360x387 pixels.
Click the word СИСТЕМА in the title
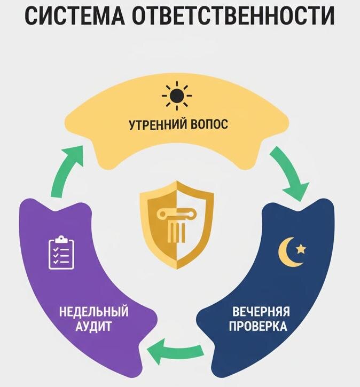(x=77, y=16)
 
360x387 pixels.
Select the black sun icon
(x=177, y=97)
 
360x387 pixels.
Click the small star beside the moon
(x=301, y=248)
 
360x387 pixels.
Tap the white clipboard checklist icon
(x=61, y=252)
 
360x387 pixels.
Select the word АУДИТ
(x=94, y=327)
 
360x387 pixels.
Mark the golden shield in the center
(x=176, y=224)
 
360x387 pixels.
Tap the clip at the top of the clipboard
(x=61, y=238)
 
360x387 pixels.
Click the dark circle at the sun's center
(x=177, y=97)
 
